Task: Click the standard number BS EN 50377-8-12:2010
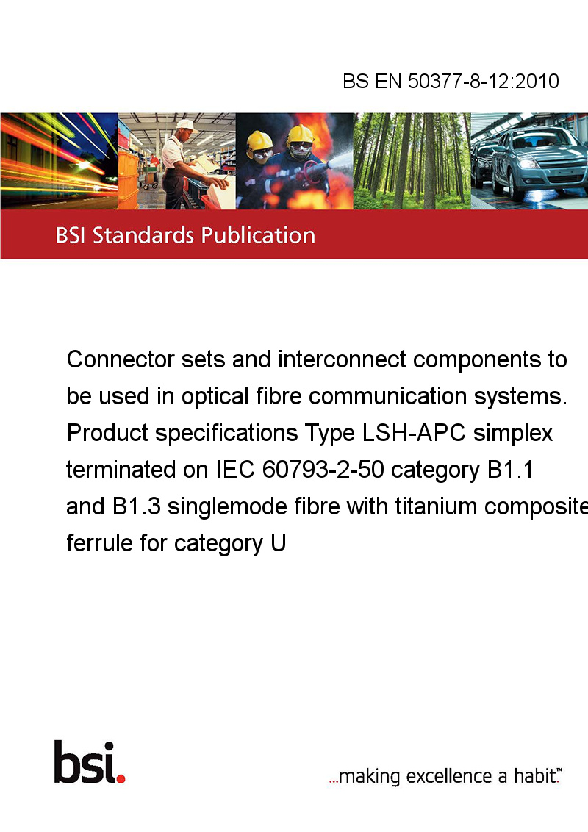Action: pyautogui.click(x=451, y=81)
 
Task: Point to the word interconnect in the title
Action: pyautogui.click(x=342, y=359)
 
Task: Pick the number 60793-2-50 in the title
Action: pyautogui.click(x=323, y=470)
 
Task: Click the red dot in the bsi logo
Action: pyautogui.click(x=121, y=778)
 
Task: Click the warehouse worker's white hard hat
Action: pyautogui.click(x=186, y=125)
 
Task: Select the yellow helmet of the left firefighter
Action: pyautogui.click(x=259, y=140)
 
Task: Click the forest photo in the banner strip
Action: pyautogui.click(x=412, y=161)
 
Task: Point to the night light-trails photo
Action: pyautogui.click(x=59, y=161)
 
